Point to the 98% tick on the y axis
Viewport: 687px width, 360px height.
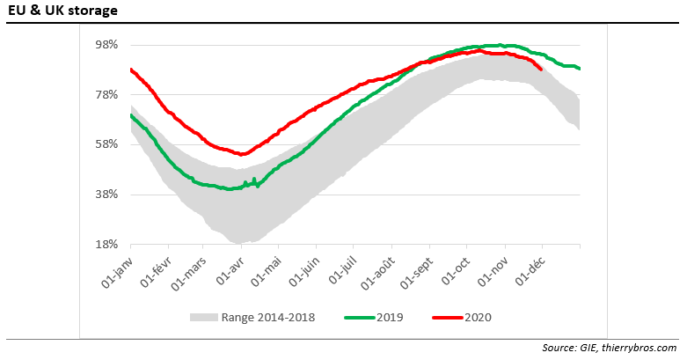106,45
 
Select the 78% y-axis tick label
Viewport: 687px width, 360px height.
106,95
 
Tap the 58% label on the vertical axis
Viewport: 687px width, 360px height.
106,144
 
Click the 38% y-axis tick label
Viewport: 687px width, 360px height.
106,195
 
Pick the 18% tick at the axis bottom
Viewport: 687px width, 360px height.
106,245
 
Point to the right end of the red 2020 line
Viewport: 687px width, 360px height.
541,69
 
